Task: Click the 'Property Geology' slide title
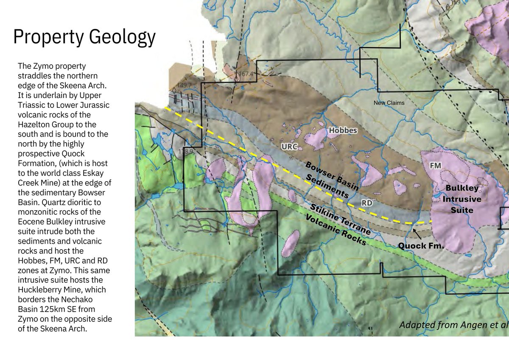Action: point(84,37)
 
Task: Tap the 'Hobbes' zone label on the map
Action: point(343,130)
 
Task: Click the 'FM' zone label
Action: point(435,166)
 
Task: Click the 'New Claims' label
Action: point(389,103)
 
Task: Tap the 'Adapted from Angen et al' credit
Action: point(453,325)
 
